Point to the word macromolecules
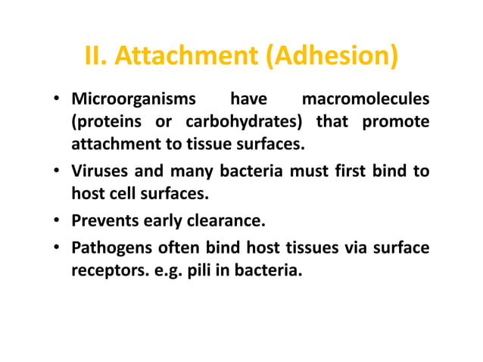366,100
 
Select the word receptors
108,271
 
